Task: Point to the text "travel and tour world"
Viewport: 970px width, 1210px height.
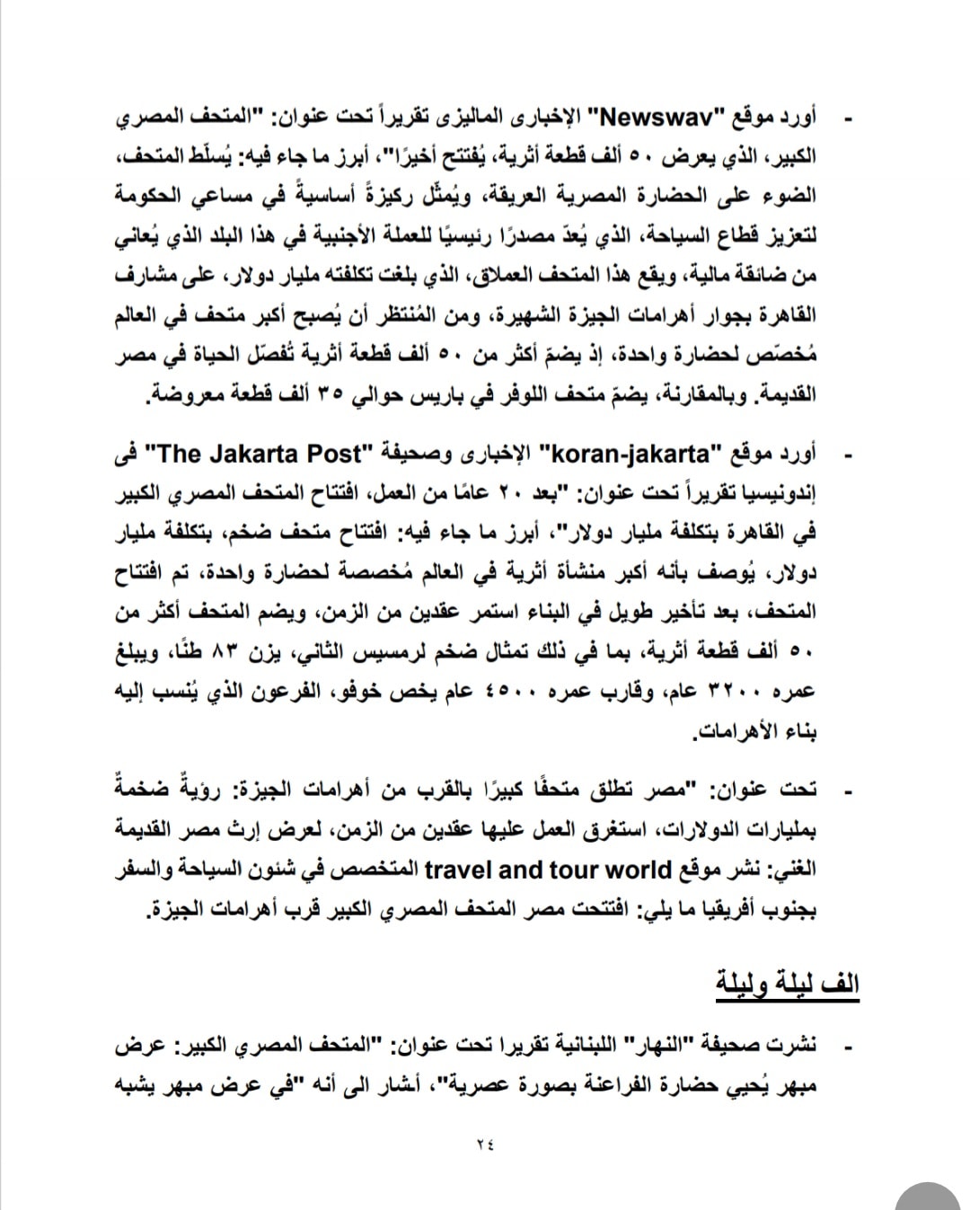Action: point(548,870)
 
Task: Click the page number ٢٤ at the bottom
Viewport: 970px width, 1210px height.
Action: point(485,1144)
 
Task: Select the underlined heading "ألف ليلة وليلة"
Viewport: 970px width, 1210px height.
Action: point(787,983)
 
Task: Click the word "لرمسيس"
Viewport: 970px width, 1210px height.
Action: point(373,651)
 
